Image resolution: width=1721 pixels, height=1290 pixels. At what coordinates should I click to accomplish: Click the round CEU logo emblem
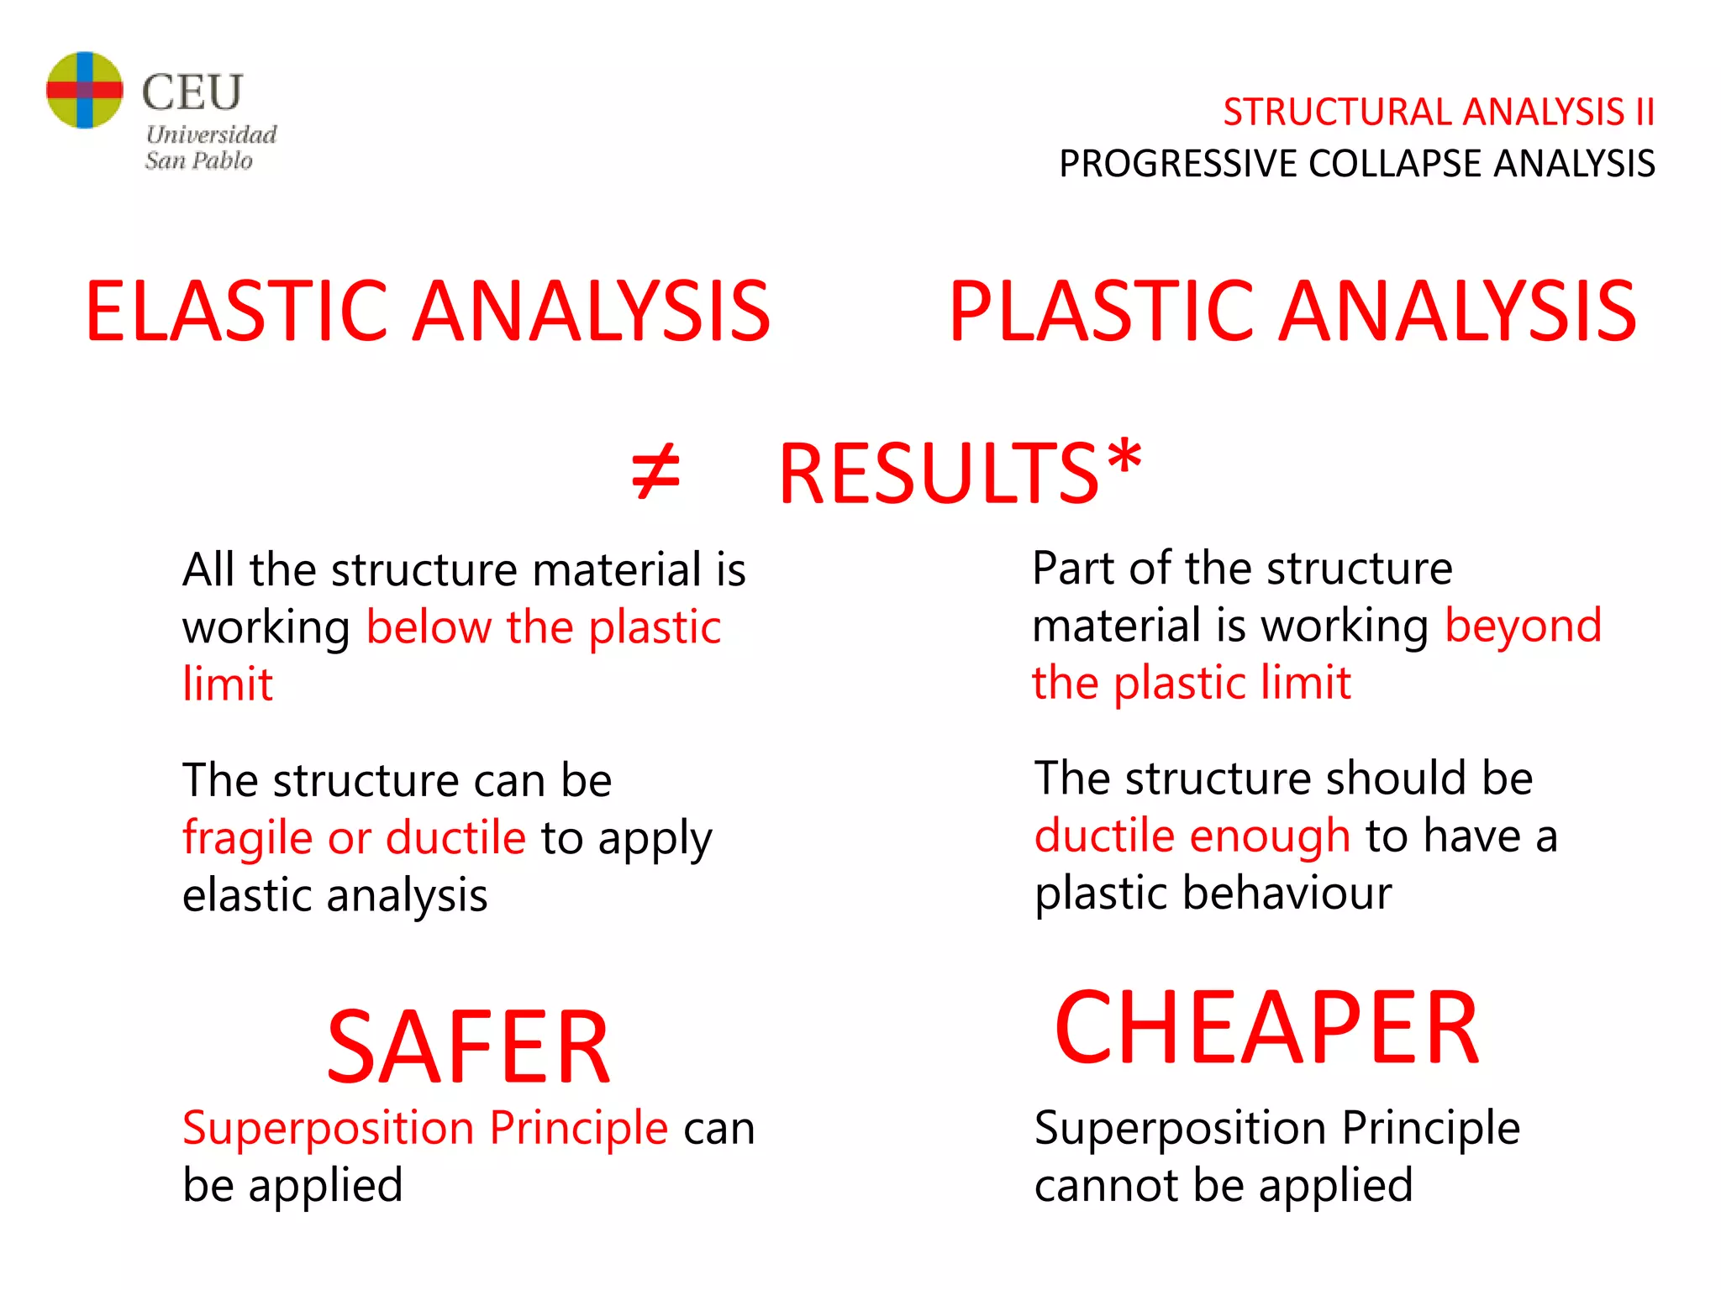tap(84, 90)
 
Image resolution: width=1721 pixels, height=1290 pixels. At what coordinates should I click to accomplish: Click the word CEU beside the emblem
tap(192, 92)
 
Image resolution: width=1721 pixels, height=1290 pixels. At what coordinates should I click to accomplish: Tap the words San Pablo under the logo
tap(198, 160)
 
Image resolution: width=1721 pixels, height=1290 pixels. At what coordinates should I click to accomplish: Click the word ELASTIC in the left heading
tap(236, 312)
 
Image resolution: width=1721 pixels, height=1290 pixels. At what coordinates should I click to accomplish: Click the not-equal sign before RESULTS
tap(655, 473)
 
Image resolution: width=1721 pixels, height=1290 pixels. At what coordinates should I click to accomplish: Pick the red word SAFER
tap(468, 1047)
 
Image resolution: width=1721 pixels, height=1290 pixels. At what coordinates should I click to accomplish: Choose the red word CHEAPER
tap(1266, 1029)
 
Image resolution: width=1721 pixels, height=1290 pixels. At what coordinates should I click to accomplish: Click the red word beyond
tap(1523, 627)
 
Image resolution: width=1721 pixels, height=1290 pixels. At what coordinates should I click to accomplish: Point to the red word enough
tap(1270, 836)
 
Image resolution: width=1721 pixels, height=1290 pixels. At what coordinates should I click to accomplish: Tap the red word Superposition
tap(328, 1127)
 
